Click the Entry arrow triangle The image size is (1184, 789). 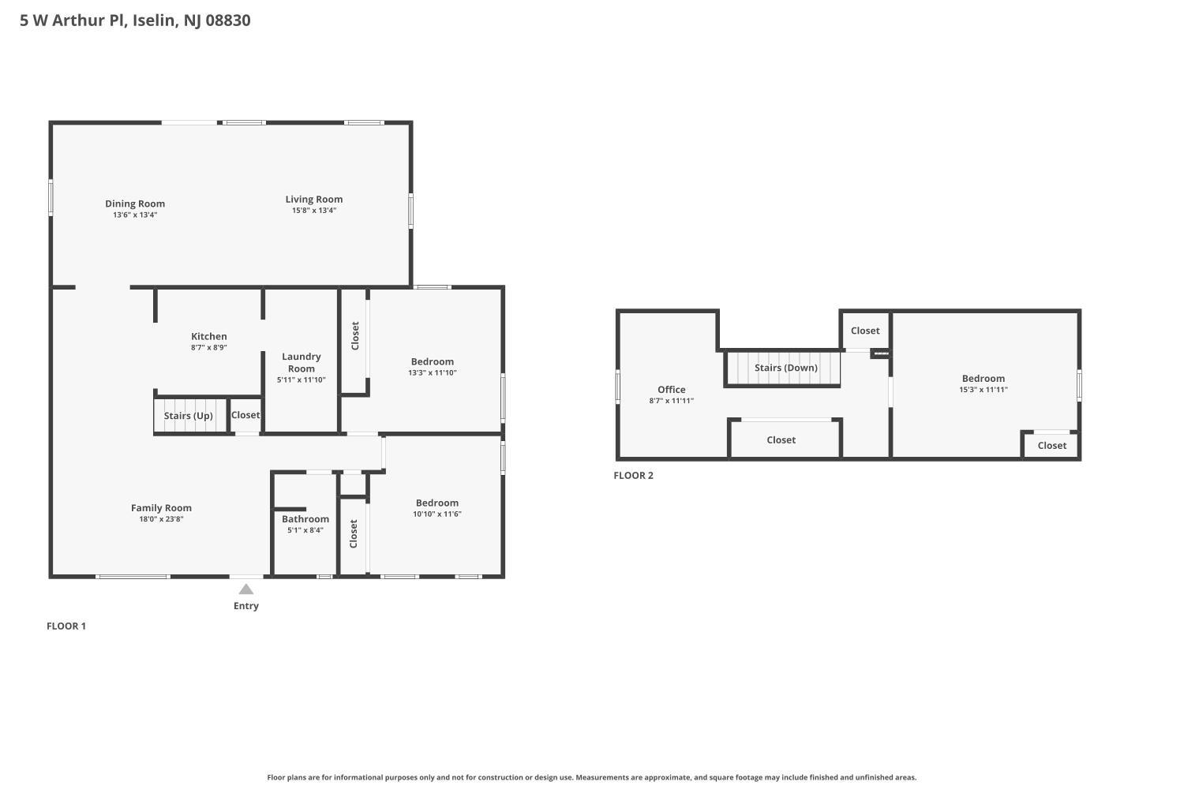(245, 589)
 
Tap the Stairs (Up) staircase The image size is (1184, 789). (190, 415)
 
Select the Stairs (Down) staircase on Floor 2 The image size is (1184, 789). (783, 368)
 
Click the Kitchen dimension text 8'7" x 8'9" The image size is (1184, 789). (209, 347)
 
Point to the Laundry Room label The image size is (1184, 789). (302, 362)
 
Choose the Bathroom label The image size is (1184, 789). (305, 519)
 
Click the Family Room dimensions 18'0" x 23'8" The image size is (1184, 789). (161, 519)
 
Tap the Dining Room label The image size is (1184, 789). (135, 204)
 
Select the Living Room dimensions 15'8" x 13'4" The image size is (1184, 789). (314, 211)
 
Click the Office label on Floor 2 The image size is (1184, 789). (671, 390)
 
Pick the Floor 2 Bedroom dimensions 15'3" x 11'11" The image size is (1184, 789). (984, 390)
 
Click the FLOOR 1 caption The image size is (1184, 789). (66, 626)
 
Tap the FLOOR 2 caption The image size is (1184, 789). (633, 475)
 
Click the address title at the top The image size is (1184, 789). (135, 20)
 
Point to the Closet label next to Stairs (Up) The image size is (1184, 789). (245, 415)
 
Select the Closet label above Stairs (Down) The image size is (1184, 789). (865, 331)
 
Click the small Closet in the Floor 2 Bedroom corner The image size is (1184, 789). (1052, 446)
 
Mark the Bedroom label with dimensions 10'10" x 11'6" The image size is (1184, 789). (437, 503)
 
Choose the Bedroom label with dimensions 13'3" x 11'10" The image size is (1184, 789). (433, 361)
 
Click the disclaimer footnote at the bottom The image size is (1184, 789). (591, 777)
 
